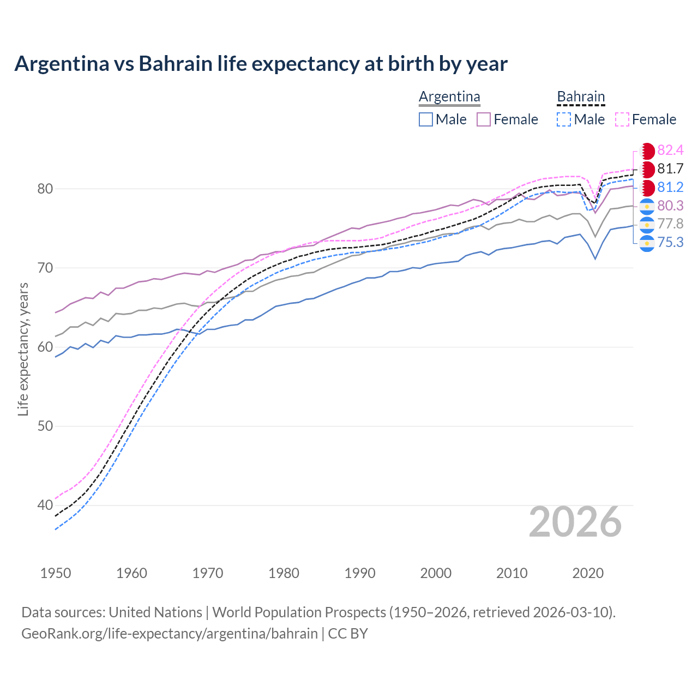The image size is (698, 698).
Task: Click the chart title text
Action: [261, 64]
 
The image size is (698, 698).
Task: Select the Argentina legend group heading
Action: [449, 97]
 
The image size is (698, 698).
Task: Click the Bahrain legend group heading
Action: [581, 97]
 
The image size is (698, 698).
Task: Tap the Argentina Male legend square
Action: [426, 119]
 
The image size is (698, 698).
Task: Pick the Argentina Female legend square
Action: [484, 119]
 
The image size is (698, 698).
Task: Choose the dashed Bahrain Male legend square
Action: [564, 119]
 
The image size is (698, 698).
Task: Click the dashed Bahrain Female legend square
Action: [622, 119]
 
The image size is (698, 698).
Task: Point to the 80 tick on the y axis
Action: [45, 189]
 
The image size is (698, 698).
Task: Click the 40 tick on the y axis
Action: [45, 506]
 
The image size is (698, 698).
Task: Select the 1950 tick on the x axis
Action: [56, 573]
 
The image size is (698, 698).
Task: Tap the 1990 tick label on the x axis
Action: [360, 573]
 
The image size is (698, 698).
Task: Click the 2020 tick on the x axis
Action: [588, 573]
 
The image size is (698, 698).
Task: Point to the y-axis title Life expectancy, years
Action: [23, 349]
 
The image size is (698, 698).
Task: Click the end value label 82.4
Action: [670, 151]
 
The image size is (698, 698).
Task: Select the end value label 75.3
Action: [670, 242]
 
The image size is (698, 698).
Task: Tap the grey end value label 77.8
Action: [670, 224]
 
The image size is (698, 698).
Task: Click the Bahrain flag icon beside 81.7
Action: [647, 169]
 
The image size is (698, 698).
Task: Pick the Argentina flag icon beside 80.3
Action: [647, 206]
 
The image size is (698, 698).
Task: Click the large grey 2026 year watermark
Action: [575, 522]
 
